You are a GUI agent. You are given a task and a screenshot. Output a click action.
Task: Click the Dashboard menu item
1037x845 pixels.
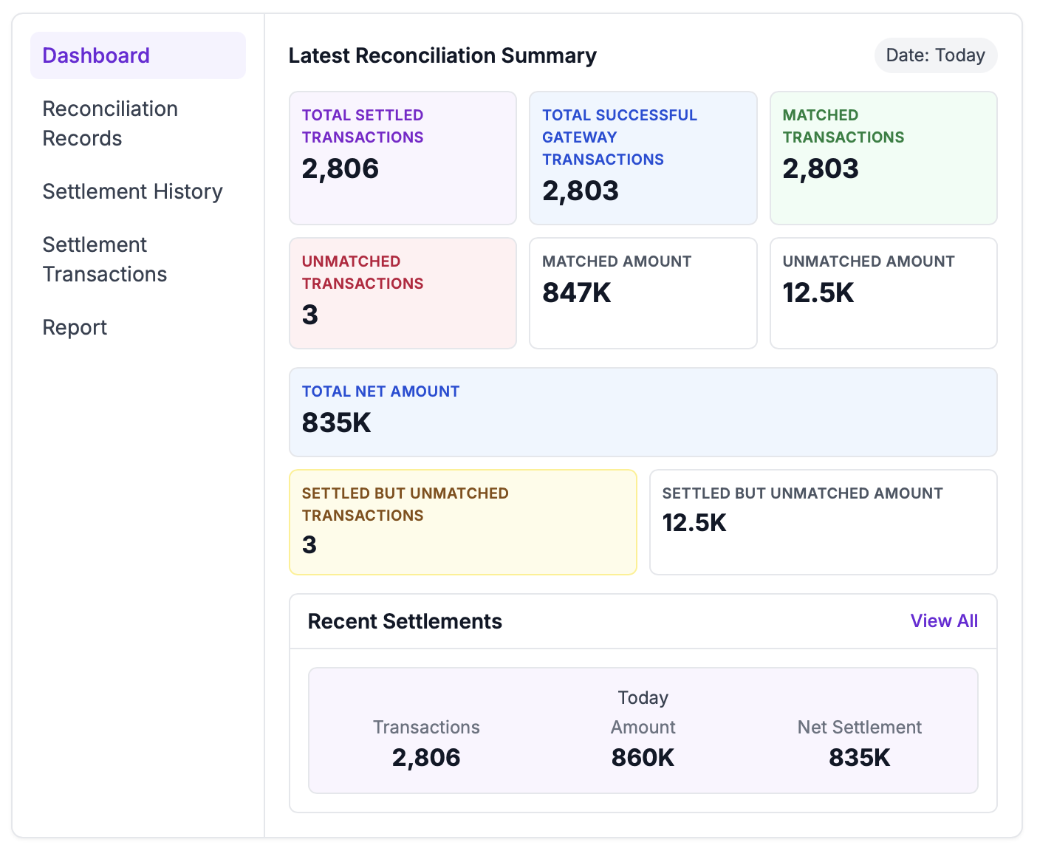96,55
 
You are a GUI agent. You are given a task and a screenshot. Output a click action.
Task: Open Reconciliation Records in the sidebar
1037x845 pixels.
110,123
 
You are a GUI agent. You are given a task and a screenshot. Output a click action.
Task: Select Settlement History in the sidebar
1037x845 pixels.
132,191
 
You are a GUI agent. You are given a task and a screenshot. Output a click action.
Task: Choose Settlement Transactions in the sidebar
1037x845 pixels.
105,259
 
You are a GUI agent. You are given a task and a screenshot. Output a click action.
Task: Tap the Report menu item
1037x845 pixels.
75,327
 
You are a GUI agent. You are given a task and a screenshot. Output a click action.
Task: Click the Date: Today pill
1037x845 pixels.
935,55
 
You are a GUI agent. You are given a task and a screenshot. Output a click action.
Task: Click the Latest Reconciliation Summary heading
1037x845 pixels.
442,55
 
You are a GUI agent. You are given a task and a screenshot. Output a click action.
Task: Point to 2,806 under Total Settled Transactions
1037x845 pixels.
340,169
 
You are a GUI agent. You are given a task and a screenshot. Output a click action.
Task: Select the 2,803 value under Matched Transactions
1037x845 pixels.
821,169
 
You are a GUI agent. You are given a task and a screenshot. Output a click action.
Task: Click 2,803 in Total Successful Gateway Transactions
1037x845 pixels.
581,191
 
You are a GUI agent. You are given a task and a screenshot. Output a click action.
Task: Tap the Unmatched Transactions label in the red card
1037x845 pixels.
363,273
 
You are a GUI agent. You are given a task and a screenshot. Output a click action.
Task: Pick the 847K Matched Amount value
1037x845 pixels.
577,293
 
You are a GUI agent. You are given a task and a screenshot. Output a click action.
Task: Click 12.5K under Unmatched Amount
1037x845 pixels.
818,293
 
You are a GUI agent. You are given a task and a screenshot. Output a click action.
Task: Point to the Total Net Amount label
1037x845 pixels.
380,391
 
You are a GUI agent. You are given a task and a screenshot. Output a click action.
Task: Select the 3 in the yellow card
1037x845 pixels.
309,545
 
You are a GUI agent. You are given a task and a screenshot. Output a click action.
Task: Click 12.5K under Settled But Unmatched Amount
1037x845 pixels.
694,523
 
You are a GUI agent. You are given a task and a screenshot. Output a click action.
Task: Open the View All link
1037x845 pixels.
944,621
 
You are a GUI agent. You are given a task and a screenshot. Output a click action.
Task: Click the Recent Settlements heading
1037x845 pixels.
405,621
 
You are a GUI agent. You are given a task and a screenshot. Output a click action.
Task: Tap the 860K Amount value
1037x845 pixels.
643,758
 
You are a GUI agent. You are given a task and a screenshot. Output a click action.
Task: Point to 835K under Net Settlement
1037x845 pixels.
859,758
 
